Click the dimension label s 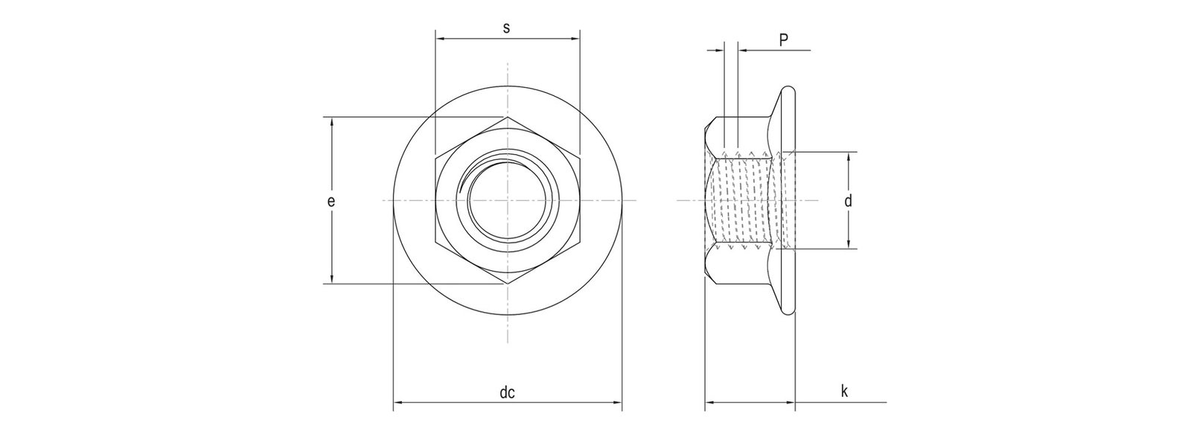point(507,28)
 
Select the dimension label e point(331,201)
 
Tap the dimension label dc point(507,393)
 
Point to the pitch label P point(783,40)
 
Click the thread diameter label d point(849,200)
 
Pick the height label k point(844,392)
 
